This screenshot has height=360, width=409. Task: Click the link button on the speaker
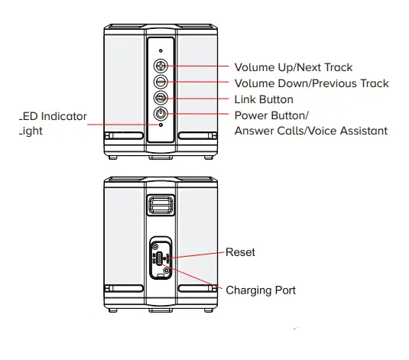161,98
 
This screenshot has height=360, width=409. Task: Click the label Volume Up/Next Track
293,68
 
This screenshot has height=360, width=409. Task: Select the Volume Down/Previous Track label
311,83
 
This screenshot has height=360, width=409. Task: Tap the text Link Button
264,99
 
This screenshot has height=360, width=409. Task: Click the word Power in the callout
252,115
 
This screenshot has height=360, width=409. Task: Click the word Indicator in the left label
63,117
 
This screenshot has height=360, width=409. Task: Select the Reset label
241,251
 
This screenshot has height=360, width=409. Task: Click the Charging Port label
261,290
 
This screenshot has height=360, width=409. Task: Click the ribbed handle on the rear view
161,204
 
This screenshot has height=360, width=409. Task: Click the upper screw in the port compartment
156,246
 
